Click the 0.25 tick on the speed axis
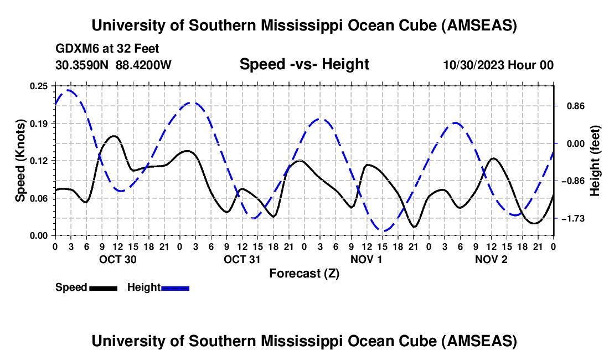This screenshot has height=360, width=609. tap(39, 86)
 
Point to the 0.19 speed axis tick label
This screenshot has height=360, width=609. tap(39, 123)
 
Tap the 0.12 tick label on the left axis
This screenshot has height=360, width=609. tap(39, 161)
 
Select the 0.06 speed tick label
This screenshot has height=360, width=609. tap(39, 198)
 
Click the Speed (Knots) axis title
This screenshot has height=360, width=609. tap(20, 161)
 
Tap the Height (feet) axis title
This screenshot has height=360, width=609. tap(596, 161)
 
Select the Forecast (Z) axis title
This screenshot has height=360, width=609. tap(304, 273)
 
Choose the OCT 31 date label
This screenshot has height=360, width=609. tap(241, 259)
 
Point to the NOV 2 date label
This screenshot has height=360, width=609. tap(491, 259)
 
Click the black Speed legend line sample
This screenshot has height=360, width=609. tap(103, 288)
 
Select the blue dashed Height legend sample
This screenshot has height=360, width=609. tap(175, 288)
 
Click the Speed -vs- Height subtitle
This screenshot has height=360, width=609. tap(304, 64)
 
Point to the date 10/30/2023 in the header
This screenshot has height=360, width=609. tap(472, 65)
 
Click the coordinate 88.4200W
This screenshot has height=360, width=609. tap(143, 65)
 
